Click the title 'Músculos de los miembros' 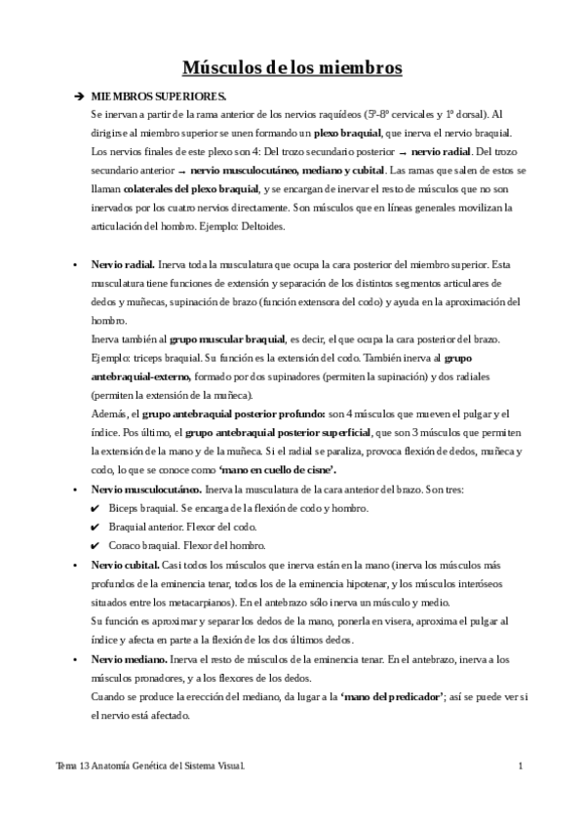pos(292,68)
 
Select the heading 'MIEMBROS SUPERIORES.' pos(159,98)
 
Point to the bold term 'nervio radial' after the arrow pos(440,152)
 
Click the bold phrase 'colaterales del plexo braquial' pos(192,189)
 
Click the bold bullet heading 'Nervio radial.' pos(122,264)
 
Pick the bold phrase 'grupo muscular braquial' pos(227,339)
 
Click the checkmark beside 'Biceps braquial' pos(95,508)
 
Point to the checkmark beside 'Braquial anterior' pos(95,527)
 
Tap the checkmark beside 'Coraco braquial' pos(95,546)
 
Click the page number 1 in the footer pos(523,768)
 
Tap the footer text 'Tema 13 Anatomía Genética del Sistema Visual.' pos(150,768)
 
